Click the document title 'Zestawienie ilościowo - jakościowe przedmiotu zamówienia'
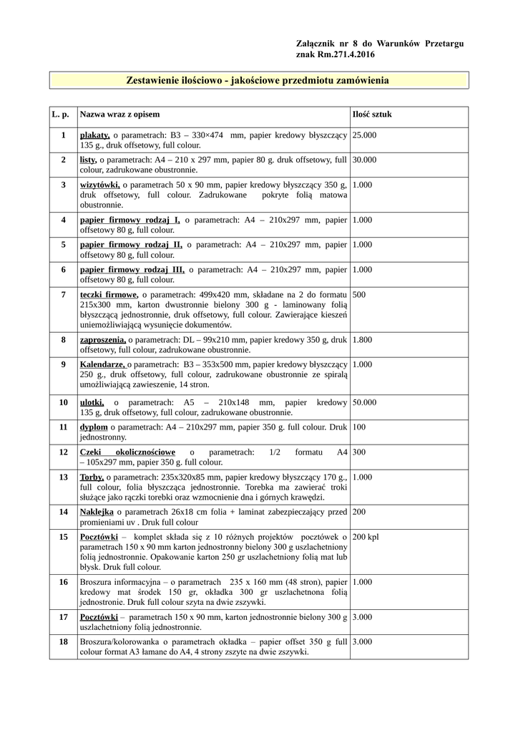point(258,81)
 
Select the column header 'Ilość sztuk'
point(372,115)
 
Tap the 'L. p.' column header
point(62,115)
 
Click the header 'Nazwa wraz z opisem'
point(119,115)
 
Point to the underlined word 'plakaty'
point(94,135)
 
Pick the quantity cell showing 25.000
point(365,135)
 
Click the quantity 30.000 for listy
point(365,160)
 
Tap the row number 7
point(63,294)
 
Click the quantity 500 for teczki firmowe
point(359,294)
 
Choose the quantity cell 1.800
point(363,339)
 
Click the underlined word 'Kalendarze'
point(102,364)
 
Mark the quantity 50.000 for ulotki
point(365,402)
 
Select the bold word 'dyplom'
point(94,427)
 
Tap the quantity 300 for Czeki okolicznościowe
point(359,452)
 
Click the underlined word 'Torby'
point(92,477)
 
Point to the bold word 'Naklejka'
point(97,512)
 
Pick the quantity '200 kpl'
point(366,536)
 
